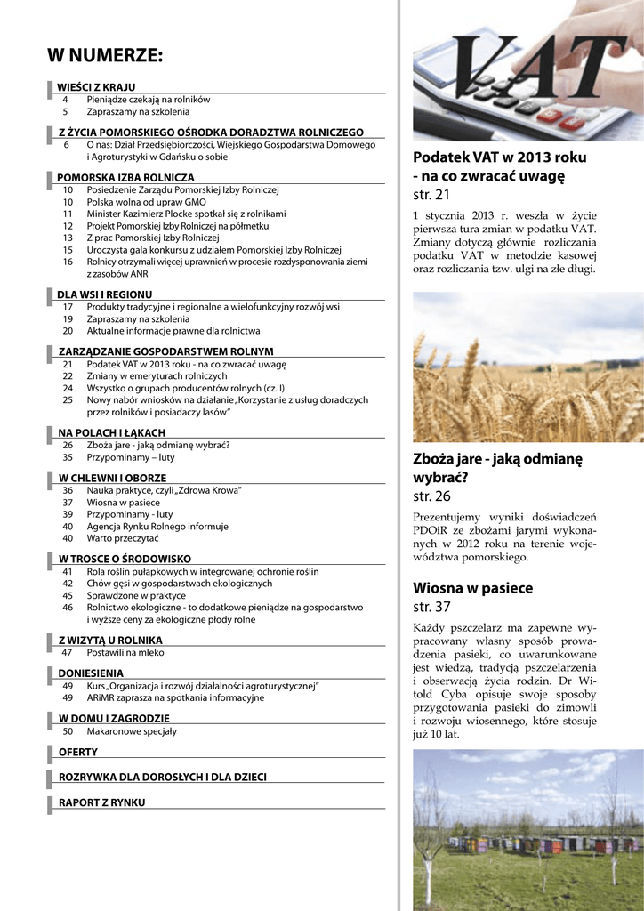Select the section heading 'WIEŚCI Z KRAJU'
(x=96, y=87)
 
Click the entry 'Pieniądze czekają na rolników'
(x=149, y=100)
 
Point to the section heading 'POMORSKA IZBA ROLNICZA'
(x=125, y=178)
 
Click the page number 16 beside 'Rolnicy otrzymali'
(x=68, y=262)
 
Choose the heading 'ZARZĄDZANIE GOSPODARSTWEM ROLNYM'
(x=166, y=352)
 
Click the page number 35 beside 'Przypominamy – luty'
(x=68, y=457)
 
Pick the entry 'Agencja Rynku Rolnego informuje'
(x=157, y=526)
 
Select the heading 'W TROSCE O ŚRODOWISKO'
(x=125, y=559)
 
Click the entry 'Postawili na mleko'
(x=125, y=652)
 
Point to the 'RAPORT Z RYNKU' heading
(x=101, y=802)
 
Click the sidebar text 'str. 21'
(x=431, y=195)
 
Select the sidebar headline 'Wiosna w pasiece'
(x=472, y=588)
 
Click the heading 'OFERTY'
(x=78, y=753)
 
